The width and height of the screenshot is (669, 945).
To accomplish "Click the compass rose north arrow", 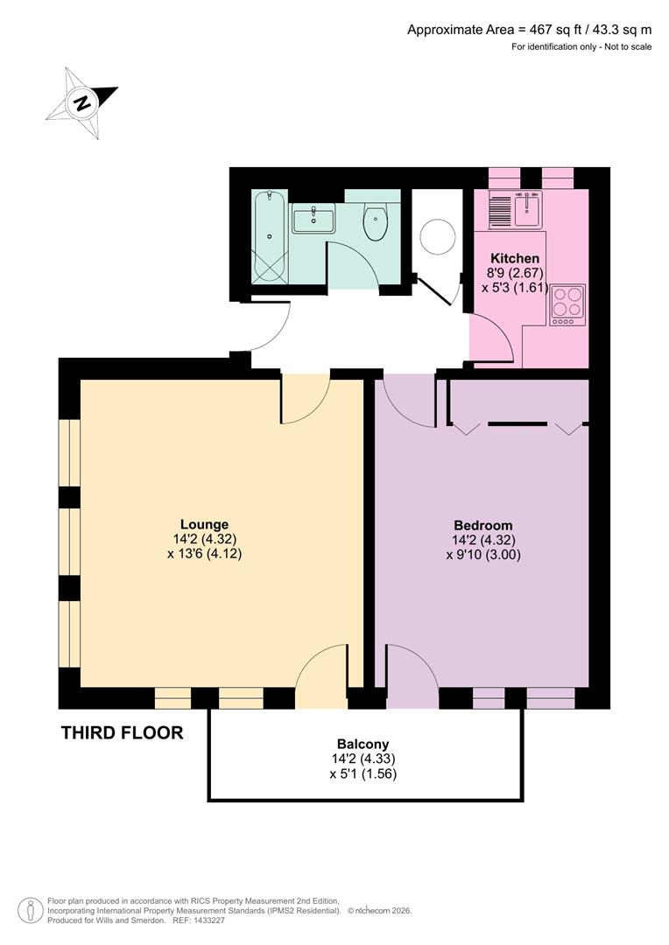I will [82, 103].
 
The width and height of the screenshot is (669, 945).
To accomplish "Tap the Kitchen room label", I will [514, 258].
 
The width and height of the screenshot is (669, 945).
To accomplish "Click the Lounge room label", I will [205, 525].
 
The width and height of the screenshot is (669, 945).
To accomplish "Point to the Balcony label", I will [363, 745].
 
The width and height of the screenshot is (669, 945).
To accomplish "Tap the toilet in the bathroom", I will [376, 222].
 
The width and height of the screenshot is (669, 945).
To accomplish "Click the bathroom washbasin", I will [313, 218].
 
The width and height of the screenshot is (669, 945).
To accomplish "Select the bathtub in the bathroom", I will [269, 237].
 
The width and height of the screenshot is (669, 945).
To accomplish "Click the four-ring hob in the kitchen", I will [567, 305].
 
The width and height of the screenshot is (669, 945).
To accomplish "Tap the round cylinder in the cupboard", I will [437, 236].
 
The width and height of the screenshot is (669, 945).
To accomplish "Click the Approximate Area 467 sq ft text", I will [529, 30].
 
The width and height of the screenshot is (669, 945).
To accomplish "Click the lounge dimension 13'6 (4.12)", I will [204, 554].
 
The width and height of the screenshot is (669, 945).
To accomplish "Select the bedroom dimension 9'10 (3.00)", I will [489, 554].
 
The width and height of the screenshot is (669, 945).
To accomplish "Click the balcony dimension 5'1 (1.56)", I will [363, 773].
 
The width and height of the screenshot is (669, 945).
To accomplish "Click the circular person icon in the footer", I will [31, 910].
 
